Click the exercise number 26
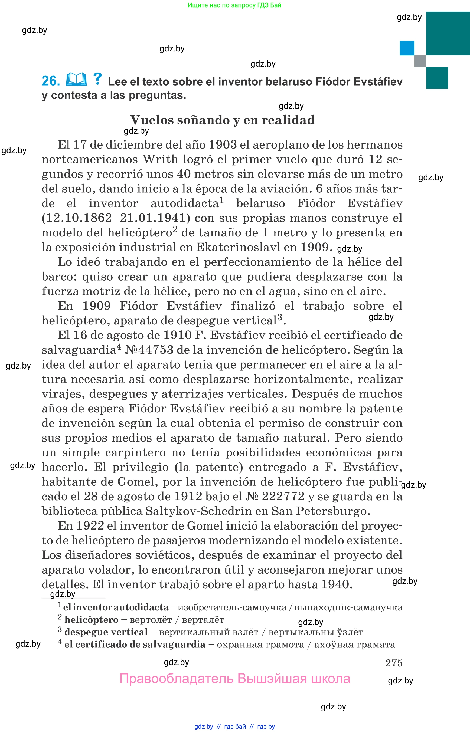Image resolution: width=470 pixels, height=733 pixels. [x=51, y=81]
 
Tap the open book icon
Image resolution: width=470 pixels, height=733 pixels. [x=76, y=80]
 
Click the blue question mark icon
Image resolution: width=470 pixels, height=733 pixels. [x=97, y=79]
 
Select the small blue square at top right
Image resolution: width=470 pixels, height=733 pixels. [x=407, y=48]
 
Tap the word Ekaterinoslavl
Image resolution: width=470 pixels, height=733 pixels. [x=238, y=247]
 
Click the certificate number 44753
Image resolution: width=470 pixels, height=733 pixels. [x=156, y=350]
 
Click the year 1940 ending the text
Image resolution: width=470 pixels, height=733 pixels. [x=335, y=584]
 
